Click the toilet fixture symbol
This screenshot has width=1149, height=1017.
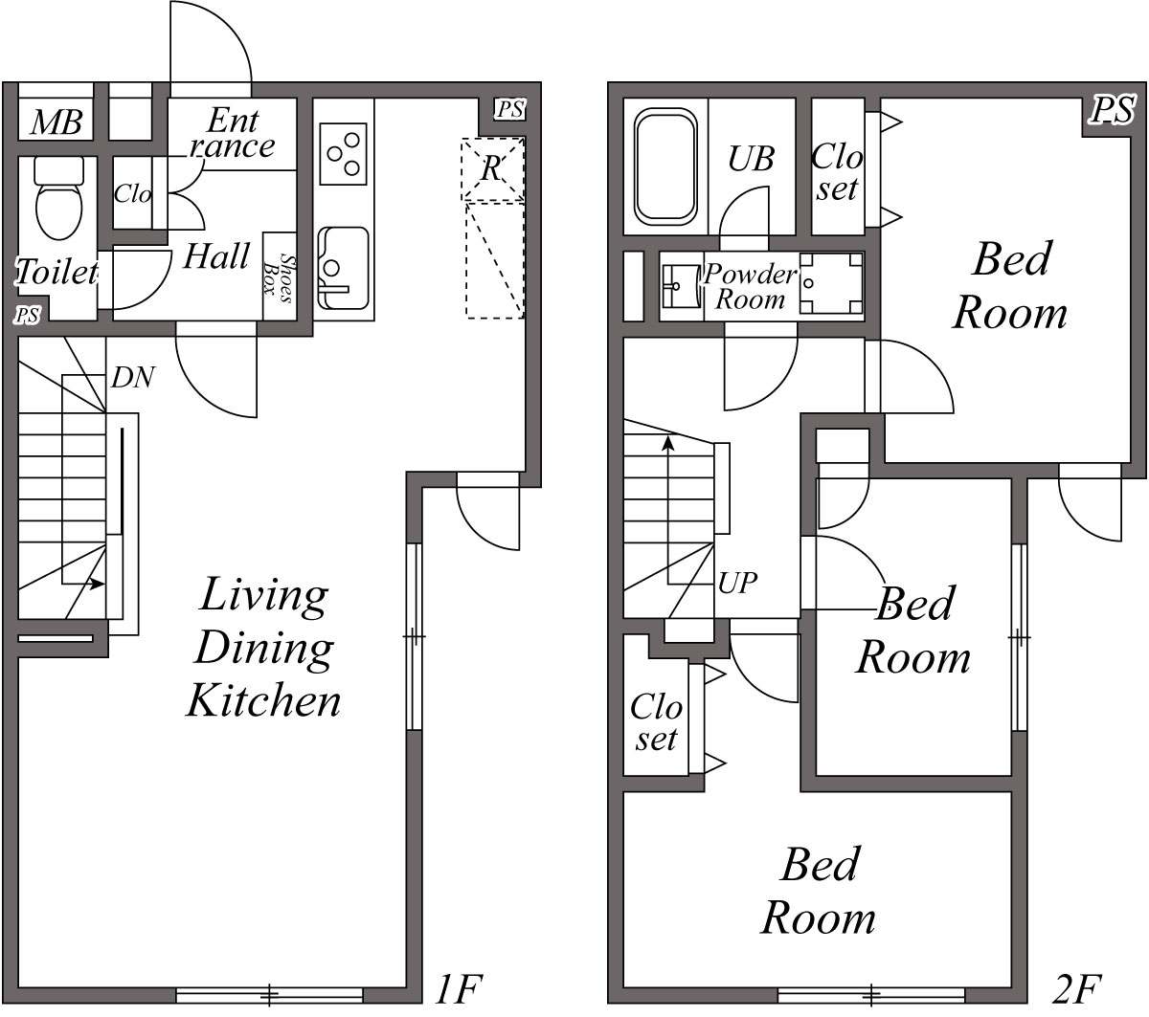coord(58,200)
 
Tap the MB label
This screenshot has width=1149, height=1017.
coord(56,123)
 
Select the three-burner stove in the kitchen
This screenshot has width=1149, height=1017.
coord(344,153)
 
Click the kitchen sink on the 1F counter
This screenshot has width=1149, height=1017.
coord(343,267)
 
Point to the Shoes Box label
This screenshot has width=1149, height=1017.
coord(279,277)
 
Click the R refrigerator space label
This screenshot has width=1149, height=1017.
coord(492,169)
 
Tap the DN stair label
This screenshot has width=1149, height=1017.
coord(132,378)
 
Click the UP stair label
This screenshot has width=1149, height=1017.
coord(737,583)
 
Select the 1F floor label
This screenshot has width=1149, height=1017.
coord(461,987)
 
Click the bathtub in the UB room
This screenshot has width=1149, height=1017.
coord(665,167)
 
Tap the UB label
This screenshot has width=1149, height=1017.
coord(751,159)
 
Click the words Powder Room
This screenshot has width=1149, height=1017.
coord(750,286)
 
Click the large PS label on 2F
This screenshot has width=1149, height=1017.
coord(1113,110)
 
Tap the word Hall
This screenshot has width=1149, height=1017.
coord(216,256)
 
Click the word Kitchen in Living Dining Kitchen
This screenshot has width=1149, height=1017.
coord(263,701)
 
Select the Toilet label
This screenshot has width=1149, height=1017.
coord(56,273)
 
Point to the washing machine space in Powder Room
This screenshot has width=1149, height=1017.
coord(830,284)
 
